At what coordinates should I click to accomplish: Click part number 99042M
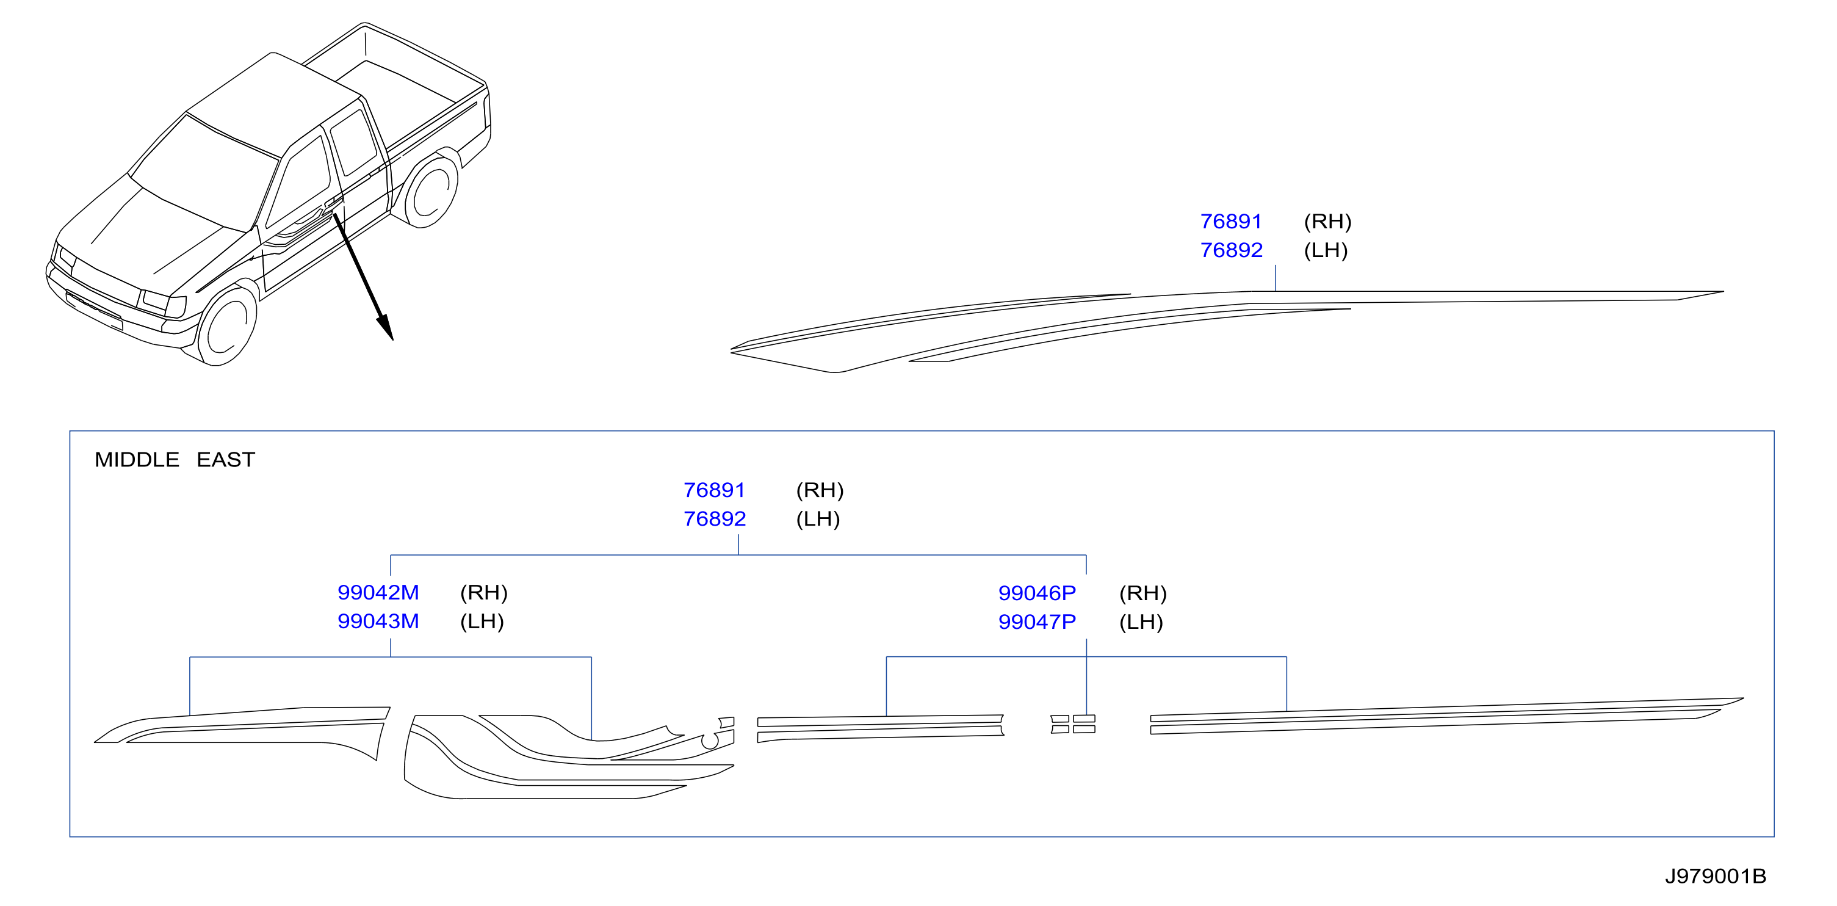point(378,592)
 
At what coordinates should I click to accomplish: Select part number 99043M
point(378,622)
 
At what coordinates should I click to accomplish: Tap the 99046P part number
point(1037,593)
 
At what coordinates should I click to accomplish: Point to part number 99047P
point(1037,622)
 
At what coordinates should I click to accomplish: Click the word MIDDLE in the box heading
point(137,460)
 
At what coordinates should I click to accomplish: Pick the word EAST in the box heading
point(225,460)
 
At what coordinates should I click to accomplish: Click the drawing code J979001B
point(1715,876)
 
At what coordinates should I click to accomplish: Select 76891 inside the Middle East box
point(714,490)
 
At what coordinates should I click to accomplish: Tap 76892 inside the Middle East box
point(715,519)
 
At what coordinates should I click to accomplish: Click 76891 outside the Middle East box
point(1231,221)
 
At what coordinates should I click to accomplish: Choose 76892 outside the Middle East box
point(1232,250)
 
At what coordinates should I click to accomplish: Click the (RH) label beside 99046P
point(1142,593)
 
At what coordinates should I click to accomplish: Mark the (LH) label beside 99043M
point(482,622)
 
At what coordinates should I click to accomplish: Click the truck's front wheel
point(227,325)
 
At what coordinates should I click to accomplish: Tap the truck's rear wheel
point(431,190)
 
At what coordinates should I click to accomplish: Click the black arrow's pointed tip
point(392,339)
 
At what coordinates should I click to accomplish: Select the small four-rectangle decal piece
point(1072,724)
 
